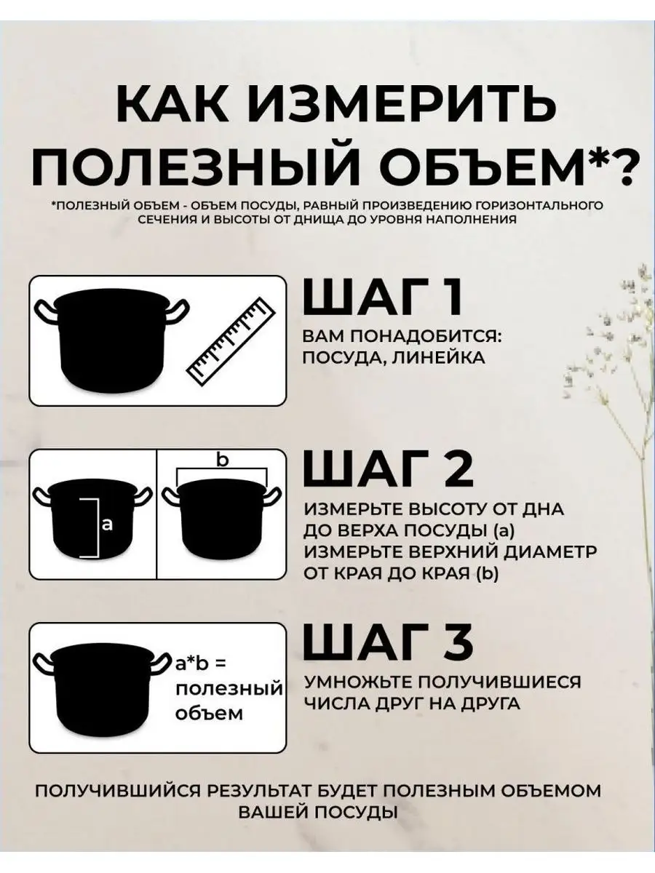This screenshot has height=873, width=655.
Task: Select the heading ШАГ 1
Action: coord(383,297)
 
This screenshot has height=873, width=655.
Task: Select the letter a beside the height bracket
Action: coord(108,525)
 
